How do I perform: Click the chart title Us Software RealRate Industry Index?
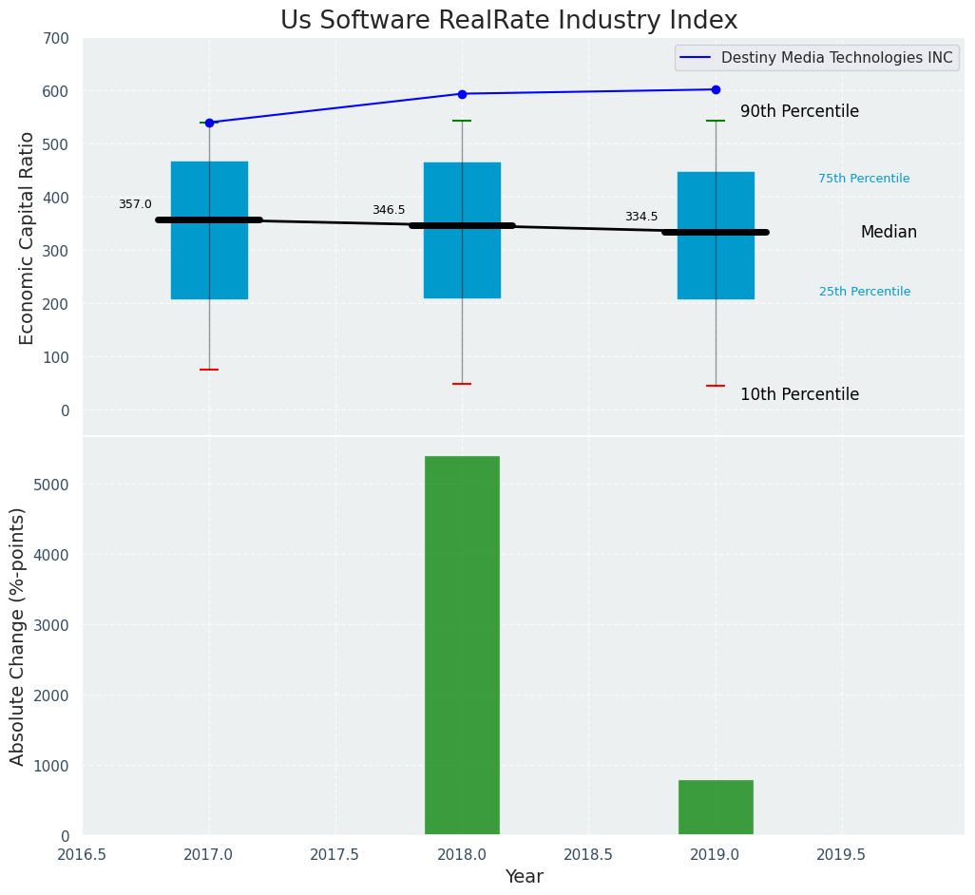click(x=508, y=21)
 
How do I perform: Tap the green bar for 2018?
click(x=462, y=645)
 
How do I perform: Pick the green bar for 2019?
click(x=716, y=808)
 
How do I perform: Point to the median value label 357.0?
click(x=135, y=204)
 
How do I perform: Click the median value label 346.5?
click(x=389, y=210)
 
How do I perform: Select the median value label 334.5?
click(x=641, y=217)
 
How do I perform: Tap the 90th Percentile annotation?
click(x=799, y=111)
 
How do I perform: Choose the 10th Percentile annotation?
click(x=799, y=394)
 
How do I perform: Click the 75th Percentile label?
click(x=864, y=179)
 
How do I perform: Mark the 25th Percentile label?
click(x=865, y=292)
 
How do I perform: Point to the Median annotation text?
click(x=889, y=232)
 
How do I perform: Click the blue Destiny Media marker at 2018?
click(x=462, y=94)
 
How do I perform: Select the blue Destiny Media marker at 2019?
click(x=716, y=89)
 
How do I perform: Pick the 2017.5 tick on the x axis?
click(x=335, y=854)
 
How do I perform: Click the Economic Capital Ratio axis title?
click(x=28, y=238)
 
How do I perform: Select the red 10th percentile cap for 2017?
click(x=209, y=370)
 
